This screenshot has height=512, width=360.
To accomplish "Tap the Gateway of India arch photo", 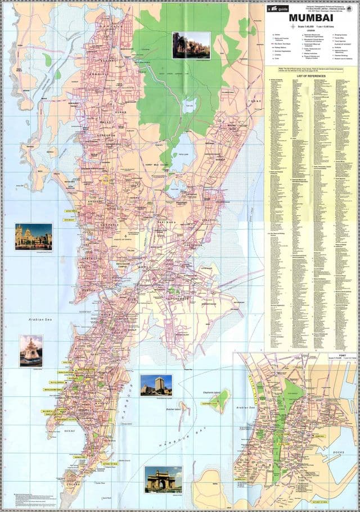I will coord(163,479).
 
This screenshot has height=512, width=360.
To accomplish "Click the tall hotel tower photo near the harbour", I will coord(156,384).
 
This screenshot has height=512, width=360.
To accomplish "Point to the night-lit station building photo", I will coord(33,236).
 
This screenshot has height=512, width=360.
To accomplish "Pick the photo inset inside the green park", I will coord(191,45).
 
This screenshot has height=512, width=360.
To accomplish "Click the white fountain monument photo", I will coord(30,351).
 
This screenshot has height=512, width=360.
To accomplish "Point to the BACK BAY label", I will coord(70,430).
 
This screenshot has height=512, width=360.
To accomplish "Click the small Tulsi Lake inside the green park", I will coord(190,104).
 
